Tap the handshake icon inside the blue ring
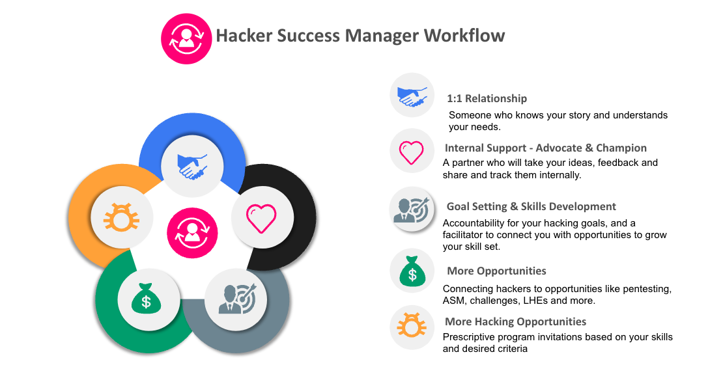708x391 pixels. (192, 167)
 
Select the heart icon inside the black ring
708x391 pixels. (261, 217)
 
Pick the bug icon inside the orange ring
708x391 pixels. (122, 217)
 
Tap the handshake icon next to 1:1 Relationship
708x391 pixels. (412, 97)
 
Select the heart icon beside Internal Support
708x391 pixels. (411, 152)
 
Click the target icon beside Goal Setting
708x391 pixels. (411, 210)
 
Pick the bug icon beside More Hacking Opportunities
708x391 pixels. (412, 326)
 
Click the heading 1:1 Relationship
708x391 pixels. (487, 98)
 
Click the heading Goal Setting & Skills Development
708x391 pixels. (531, 206)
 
